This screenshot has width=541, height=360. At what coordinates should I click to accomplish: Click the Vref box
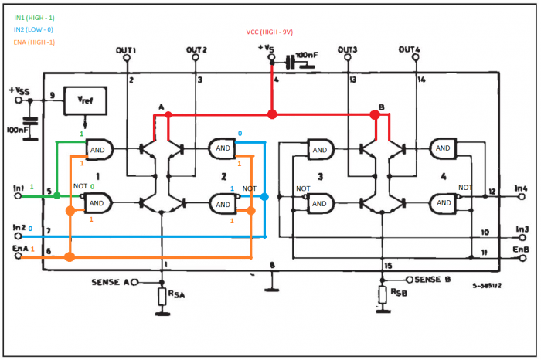(x=84, y=100)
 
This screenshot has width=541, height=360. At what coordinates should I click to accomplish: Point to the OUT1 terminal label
(x=126, y=51)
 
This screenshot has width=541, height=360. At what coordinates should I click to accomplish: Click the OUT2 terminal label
(x=196, y=51)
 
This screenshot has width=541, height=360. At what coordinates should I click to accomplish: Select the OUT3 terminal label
(x=348, y=51)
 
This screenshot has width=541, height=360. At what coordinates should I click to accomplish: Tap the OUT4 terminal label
(x=410, y=51)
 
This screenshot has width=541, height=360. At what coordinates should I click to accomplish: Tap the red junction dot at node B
(x=376, y=115)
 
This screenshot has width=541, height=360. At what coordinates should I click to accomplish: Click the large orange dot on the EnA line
(x=70, y=256)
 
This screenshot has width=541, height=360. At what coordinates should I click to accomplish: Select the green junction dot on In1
(x=58, y=195)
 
